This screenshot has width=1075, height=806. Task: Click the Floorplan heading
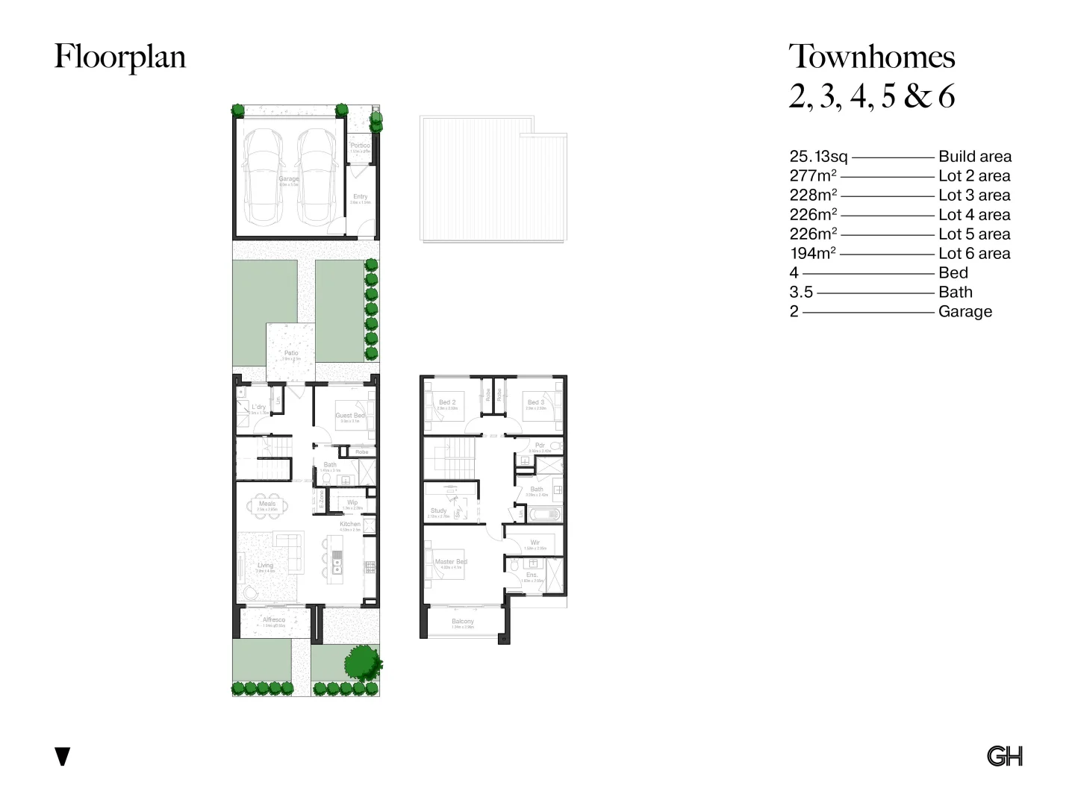(x=119, y=57)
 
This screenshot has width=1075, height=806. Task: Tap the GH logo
(x=1004, y=756)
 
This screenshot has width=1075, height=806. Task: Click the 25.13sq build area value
(x=818, y=157)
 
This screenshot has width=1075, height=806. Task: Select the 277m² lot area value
(x=812, y=176)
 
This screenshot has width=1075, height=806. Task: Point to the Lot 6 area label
(x=973, y=254)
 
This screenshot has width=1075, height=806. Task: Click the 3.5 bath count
(x=801, y=293)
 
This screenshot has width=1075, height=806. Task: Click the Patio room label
(x=291, y=353)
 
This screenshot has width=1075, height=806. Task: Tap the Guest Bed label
(x=349, y=415)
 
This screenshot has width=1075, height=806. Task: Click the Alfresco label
(x=273, y=620)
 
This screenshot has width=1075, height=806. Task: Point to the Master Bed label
(x=450, y=561)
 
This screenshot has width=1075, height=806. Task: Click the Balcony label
(x=462, y=622)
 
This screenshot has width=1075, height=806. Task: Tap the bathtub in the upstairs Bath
(x=543, y=514)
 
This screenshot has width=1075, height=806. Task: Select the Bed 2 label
(x=446, y=402)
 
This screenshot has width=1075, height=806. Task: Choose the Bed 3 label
(x=535, y=402)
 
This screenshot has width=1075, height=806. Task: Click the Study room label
(x=438, y=511)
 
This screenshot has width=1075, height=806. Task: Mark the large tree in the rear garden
(x=363, y=661)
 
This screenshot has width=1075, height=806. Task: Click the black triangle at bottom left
(x=63, y=756)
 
